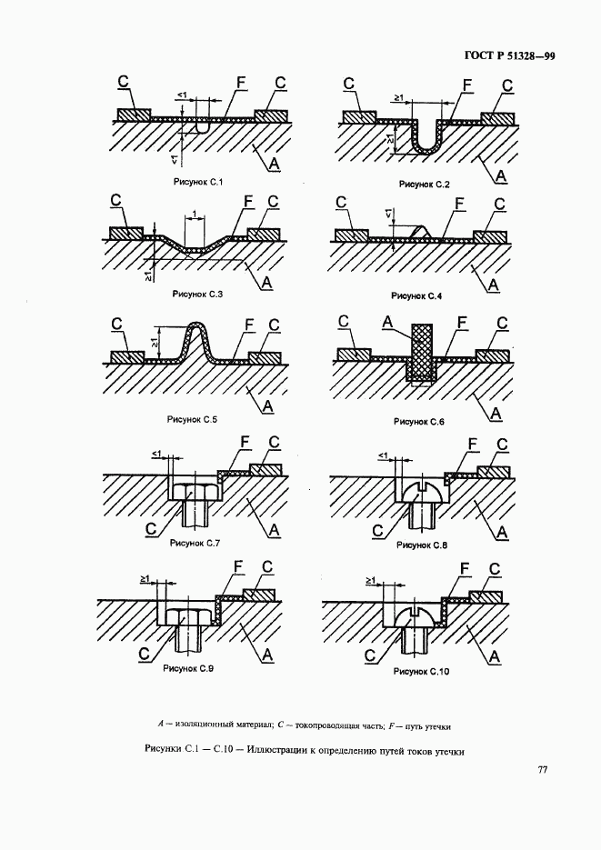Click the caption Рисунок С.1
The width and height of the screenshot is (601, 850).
coord(198,182)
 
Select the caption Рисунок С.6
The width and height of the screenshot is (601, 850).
coord(419,422)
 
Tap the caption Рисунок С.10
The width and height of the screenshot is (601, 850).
coord(422,672)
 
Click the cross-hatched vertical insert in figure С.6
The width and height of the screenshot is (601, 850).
coord(422,353)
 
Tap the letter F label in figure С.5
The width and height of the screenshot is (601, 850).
coord(249,325)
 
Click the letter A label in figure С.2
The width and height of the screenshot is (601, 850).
coord(500,175)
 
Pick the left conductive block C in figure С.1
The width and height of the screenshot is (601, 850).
coord(134,115)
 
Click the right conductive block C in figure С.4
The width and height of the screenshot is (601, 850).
coord(490,236)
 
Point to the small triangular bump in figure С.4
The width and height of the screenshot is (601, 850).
coord(420,232)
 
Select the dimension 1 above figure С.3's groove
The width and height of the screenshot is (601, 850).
coord(194,215)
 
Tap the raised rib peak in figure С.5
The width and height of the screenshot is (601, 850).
coord(195,326)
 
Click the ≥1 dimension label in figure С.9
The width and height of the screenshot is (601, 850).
coord(145,579)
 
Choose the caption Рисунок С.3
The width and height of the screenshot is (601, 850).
coord(198,295)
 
